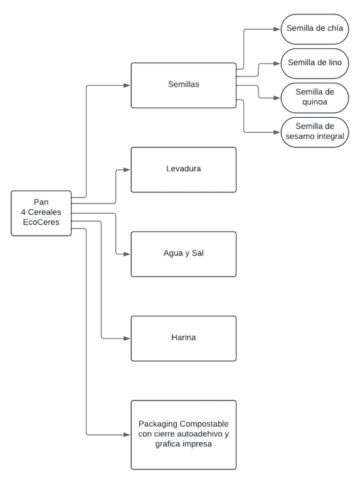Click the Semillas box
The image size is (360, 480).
[x=184, y=85]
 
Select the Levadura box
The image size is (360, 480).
[x=184, y=170]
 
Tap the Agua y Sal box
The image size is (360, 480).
[x=184, y=254]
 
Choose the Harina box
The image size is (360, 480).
[x=184, y=338]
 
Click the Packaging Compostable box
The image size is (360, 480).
[x=184, y=435]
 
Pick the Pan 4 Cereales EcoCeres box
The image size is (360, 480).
[x=41, y=213]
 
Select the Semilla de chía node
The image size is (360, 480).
[x=315, y=29]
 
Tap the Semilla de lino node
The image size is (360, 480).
[x=315, y=63]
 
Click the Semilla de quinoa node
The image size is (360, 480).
[x=315, y=98]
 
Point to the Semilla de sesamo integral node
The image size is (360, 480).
[x=315, y=132]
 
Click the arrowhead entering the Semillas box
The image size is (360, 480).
[x=127, y=85]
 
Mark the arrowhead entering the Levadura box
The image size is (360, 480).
[x=127, y=170]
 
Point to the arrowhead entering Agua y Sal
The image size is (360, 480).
[x=127, y=254]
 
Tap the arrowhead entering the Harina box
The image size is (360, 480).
[x=127, y=338]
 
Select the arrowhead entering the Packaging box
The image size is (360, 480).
[x=127, y=435]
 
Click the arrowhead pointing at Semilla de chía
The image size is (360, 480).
[x=277, y=29]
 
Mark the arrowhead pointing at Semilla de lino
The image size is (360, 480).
[x=277, y=63]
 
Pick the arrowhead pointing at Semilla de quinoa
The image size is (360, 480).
[x=277, y=98]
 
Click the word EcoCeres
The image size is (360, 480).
[x=41, y=222]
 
